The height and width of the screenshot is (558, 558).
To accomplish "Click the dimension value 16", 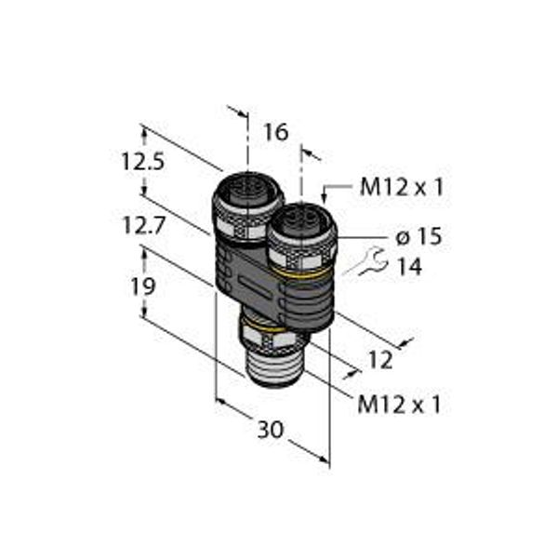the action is coord(276,132).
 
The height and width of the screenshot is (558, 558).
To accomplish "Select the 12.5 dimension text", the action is coord(143,161).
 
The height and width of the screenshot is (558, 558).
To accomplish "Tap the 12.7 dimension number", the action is coord(144,225).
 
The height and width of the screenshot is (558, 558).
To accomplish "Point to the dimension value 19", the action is coord(143,286).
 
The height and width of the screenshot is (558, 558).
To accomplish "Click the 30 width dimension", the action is coord(271,429).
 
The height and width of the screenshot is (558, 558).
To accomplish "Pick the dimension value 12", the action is coord(380,360).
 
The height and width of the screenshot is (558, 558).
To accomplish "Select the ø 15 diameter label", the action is coord(418,236).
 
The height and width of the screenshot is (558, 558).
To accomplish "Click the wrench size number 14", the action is coord(410,267).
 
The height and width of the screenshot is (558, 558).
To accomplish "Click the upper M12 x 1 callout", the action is coord(402,187).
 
